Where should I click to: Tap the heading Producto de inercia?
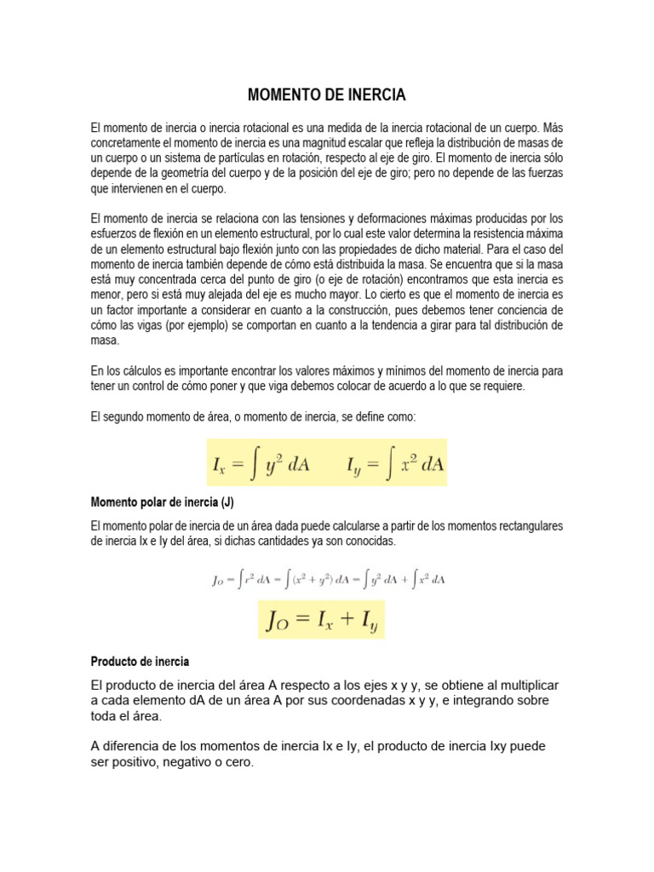click(140, 662)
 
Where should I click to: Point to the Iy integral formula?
click(395, 465)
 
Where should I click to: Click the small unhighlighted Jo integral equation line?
click(328, 579)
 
